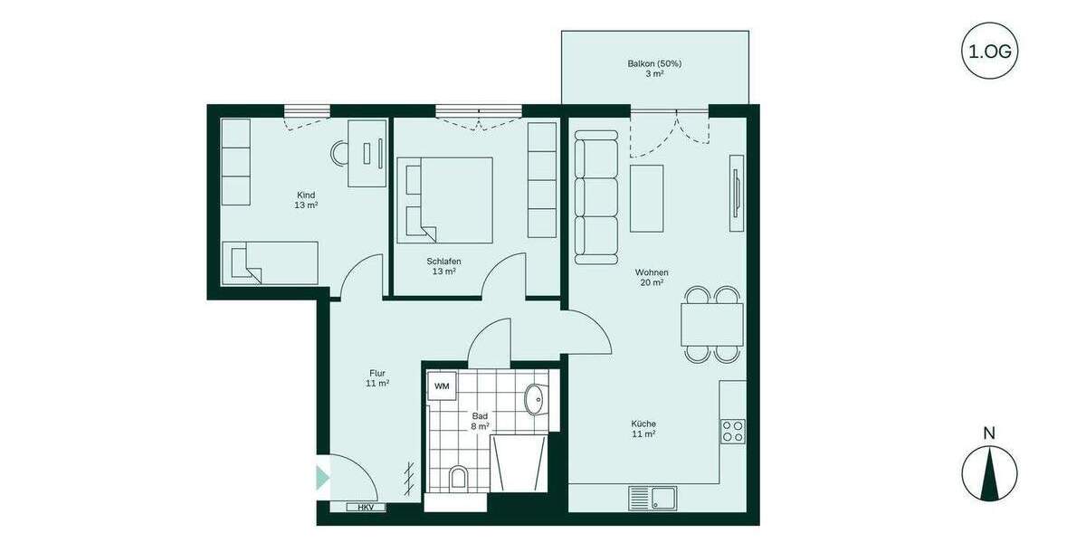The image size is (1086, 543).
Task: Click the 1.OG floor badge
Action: [989, 51]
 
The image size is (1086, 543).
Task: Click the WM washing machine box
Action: [442, 386]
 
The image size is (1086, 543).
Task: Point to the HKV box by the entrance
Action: [366, 507]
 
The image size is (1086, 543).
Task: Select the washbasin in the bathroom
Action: [535, 398]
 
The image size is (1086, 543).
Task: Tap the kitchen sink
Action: [652, 497]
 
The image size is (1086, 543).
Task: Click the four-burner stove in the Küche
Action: [732, 431]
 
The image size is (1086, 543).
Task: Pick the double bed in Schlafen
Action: [444, 200]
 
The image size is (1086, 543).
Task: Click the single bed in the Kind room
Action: [271, 262]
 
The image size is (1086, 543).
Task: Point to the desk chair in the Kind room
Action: [340, 153]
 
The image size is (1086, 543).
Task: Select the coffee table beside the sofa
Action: [647, 198]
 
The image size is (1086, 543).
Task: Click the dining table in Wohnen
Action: [711, 324]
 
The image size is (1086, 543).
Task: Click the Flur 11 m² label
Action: [378, 377]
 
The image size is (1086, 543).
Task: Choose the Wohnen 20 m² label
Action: [652, 277]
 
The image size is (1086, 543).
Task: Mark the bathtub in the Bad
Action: [520, 462]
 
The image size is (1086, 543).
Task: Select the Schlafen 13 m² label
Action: [443, 265]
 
